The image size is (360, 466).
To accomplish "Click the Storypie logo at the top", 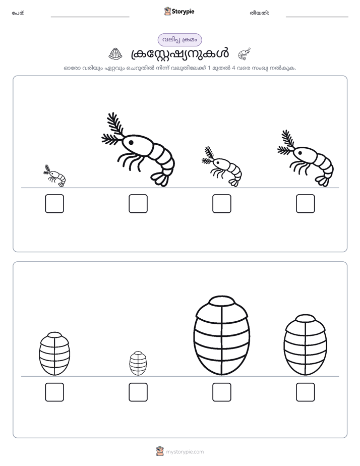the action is (x=179, y=11).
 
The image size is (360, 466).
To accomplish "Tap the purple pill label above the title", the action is (x=179, y=40).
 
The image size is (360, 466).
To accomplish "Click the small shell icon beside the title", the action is (x=115, y=53).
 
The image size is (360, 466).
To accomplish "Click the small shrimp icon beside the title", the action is (x=244, y=54).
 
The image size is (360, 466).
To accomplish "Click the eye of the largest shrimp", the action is (x=131, y=143).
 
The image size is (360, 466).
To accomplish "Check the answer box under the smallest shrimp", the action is (x=54, y=204).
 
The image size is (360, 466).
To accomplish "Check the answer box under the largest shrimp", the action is (x=138, y=204).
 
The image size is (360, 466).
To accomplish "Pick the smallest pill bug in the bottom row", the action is (x=138, y=363).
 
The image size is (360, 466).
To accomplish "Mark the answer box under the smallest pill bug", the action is (x=138, y=392).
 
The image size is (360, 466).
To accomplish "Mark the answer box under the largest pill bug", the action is (x=221, y=392).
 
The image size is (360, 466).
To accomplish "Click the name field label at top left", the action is (x=18, y=13).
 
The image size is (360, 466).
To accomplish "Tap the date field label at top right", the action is (x=259, y=13).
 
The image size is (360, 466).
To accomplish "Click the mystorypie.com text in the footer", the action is (x=185, y=452).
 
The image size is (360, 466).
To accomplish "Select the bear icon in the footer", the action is (x=160, y=451).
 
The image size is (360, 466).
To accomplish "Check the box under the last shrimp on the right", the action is (x=306, y=204).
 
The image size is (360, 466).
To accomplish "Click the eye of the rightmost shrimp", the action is (x=300, y=153).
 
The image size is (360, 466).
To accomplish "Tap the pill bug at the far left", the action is (x=54, y=354).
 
